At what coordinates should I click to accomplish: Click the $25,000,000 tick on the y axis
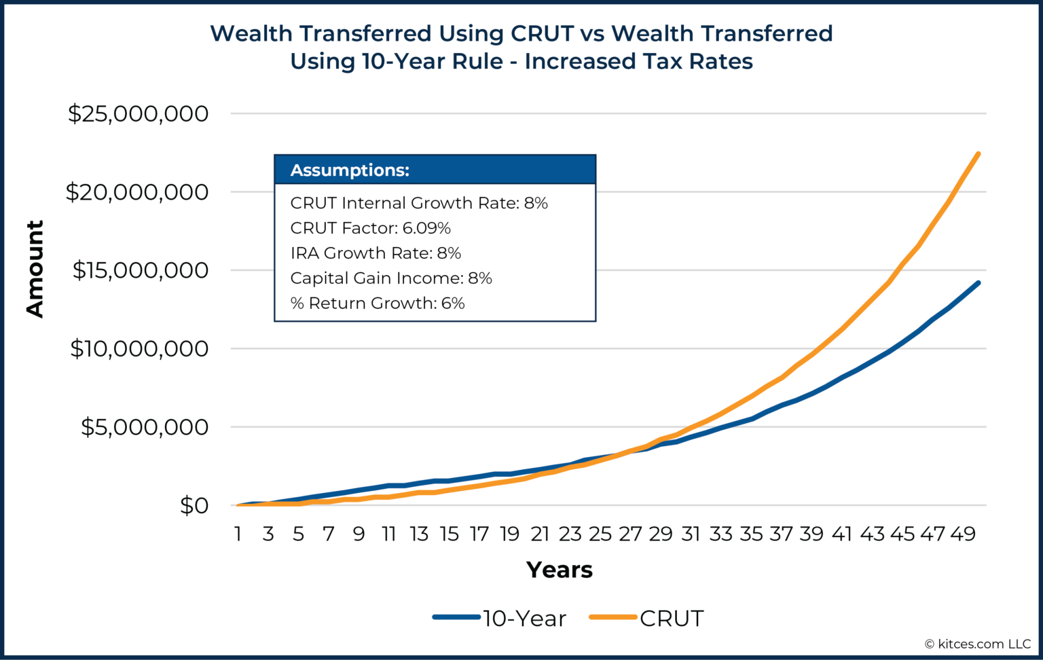point(138,113)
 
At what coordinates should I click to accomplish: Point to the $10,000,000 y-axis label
point(139,348)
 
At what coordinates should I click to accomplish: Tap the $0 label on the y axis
point(194,505)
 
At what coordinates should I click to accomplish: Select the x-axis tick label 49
point(962,534)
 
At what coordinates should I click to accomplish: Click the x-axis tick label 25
point(600,534)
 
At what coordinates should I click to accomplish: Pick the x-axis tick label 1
point(238,534)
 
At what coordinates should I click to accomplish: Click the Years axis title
point(559,570)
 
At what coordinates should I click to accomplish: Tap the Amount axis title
point(35,269)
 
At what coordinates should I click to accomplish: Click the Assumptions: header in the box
point(350,170)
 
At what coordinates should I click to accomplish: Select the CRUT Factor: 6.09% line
point(370,228)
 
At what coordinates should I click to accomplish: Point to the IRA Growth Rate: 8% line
point(376,253)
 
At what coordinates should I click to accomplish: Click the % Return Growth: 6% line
point(377,303)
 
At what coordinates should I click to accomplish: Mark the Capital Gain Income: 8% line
point(391,278)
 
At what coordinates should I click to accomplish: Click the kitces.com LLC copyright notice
point(977,644)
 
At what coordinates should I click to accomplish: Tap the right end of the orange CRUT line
point(978,154)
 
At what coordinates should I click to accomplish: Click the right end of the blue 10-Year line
point(978,282)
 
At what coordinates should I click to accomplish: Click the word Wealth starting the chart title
point(252,33)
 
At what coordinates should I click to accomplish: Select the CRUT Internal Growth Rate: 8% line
point(419,203)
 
